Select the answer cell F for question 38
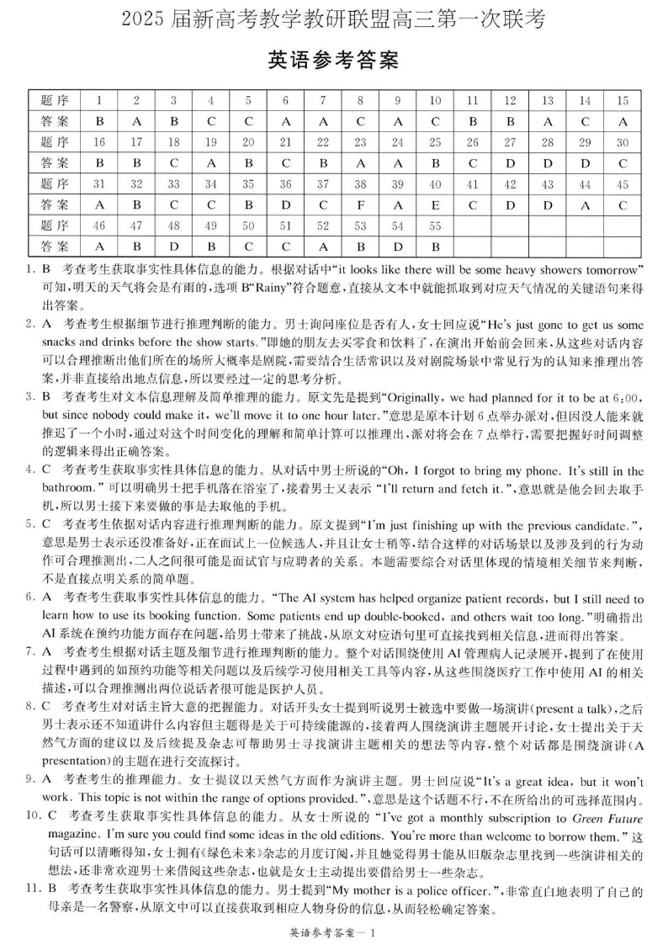[360, 204]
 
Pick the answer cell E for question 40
[435, 204]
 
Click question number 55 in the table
[435, 225]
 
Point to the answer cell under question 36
[285, 204]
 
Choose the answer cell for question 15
[623, 120]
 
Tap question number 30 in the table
[623, 141]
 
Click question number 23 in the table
[360, 141]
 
